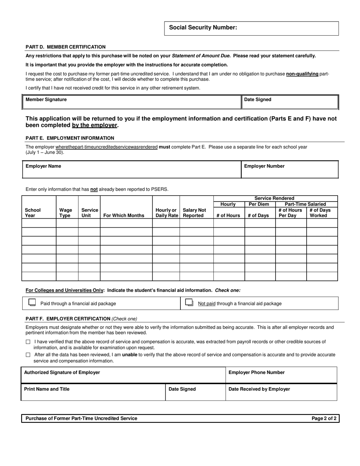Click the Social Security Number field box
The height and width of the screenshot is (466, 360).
[x=251, y=28]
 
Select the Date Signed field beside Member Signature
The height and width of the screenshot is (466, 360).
[x=290, y=102]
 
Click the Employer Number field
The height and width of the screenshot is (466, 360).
[x=290, y=169]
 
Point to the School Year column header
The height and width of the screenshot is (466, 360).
[x=33, y=213]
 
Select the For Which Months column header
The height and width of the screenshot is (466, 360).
[x=124, y=215]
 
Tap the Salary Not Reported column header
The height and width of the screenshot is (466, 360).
[x=194, y=213]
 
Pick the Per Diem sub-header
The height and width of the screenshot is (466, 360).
[x=259, y=204]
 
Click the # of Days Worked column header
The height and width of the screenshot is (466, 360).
[x=320, y=213]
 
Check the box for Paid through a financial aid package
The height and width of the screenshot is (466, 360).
[x=33, y=303]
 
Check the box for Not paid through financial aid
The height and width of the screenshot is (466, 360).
[x=189, y=303]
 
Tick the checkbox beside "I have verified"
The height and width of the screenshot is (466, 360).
[x=28, y=342]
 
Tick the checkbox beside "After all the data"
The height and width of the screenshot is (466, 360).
[x=28, y=355]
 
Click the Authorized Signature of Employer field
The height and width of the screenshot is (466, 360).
[x=123, y=375]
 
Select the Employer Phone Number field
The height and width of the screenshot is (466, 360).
[x=281, y=375]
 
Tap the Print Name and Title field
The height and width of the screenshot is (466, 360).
[x=93, y=392]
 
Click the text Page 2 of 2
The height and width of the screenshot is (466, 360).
[x=324, y=418]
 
